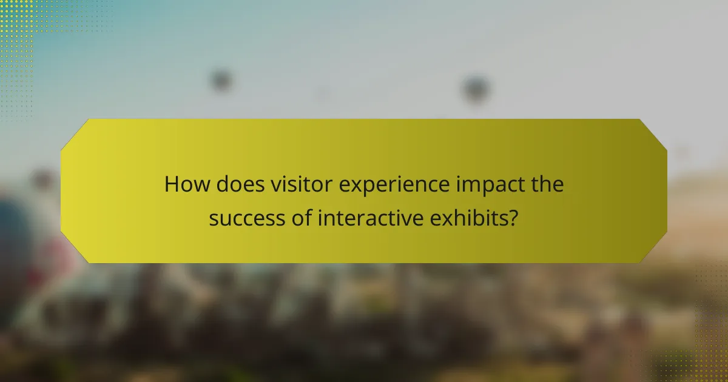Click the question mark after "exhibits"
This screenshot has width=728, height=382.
coord(513,217)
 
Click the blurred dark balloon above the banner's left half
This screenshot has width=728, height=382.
coord(221,80)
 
